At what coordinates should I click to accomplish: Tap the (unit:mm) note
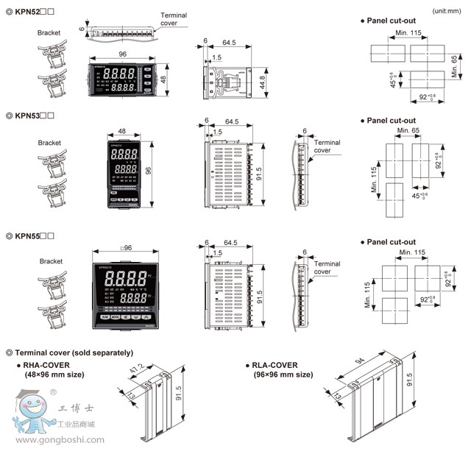coord(447,11)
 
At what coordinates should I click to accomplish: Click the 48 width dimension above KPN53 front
coord(122,132)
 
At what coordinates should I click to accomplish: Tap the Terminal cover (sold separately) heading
coord(73,352)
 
